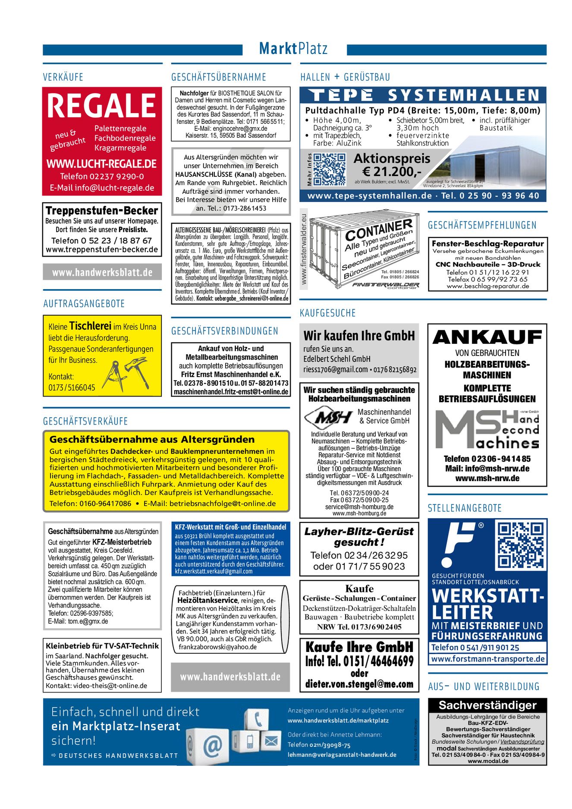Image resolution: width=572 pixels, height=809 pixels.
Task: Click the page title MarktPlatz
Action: coord(293,49)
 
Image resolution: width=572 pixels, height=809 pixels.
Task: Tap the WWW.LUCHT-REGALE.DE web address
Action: coord(102,164)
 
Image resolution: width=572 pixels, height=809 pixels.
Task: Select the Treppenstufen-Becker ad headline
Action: coord(102,211)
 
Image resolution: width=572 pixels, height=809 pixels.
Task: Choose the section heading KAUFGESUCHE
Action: coord(327,313)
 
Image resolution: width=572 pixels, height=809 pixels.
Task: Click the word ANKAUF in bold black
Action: coord(487,337)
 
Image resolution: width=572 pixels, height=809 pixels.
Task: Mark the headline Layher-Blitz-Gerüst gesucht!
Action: coord(359,536)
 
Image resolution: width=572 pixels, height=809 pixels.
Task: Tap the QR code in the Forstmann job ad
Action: coord(521,545)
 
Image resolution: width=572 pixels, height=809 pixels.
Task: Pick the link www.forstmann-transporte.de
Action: coord(487,659)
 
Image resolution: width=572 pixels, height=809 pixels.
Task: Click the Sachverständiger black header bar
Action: coord(487,705)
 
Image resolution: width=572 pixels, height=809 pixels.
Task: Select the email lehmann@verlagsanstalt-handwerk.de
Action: coord(342,755)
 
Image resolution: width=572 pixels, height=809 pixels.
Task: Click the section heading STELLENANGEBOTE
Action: coord(465,508)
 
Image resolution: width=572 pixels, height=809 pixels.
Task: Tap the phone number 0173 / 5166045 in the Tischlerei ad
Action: coord(72,387)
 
